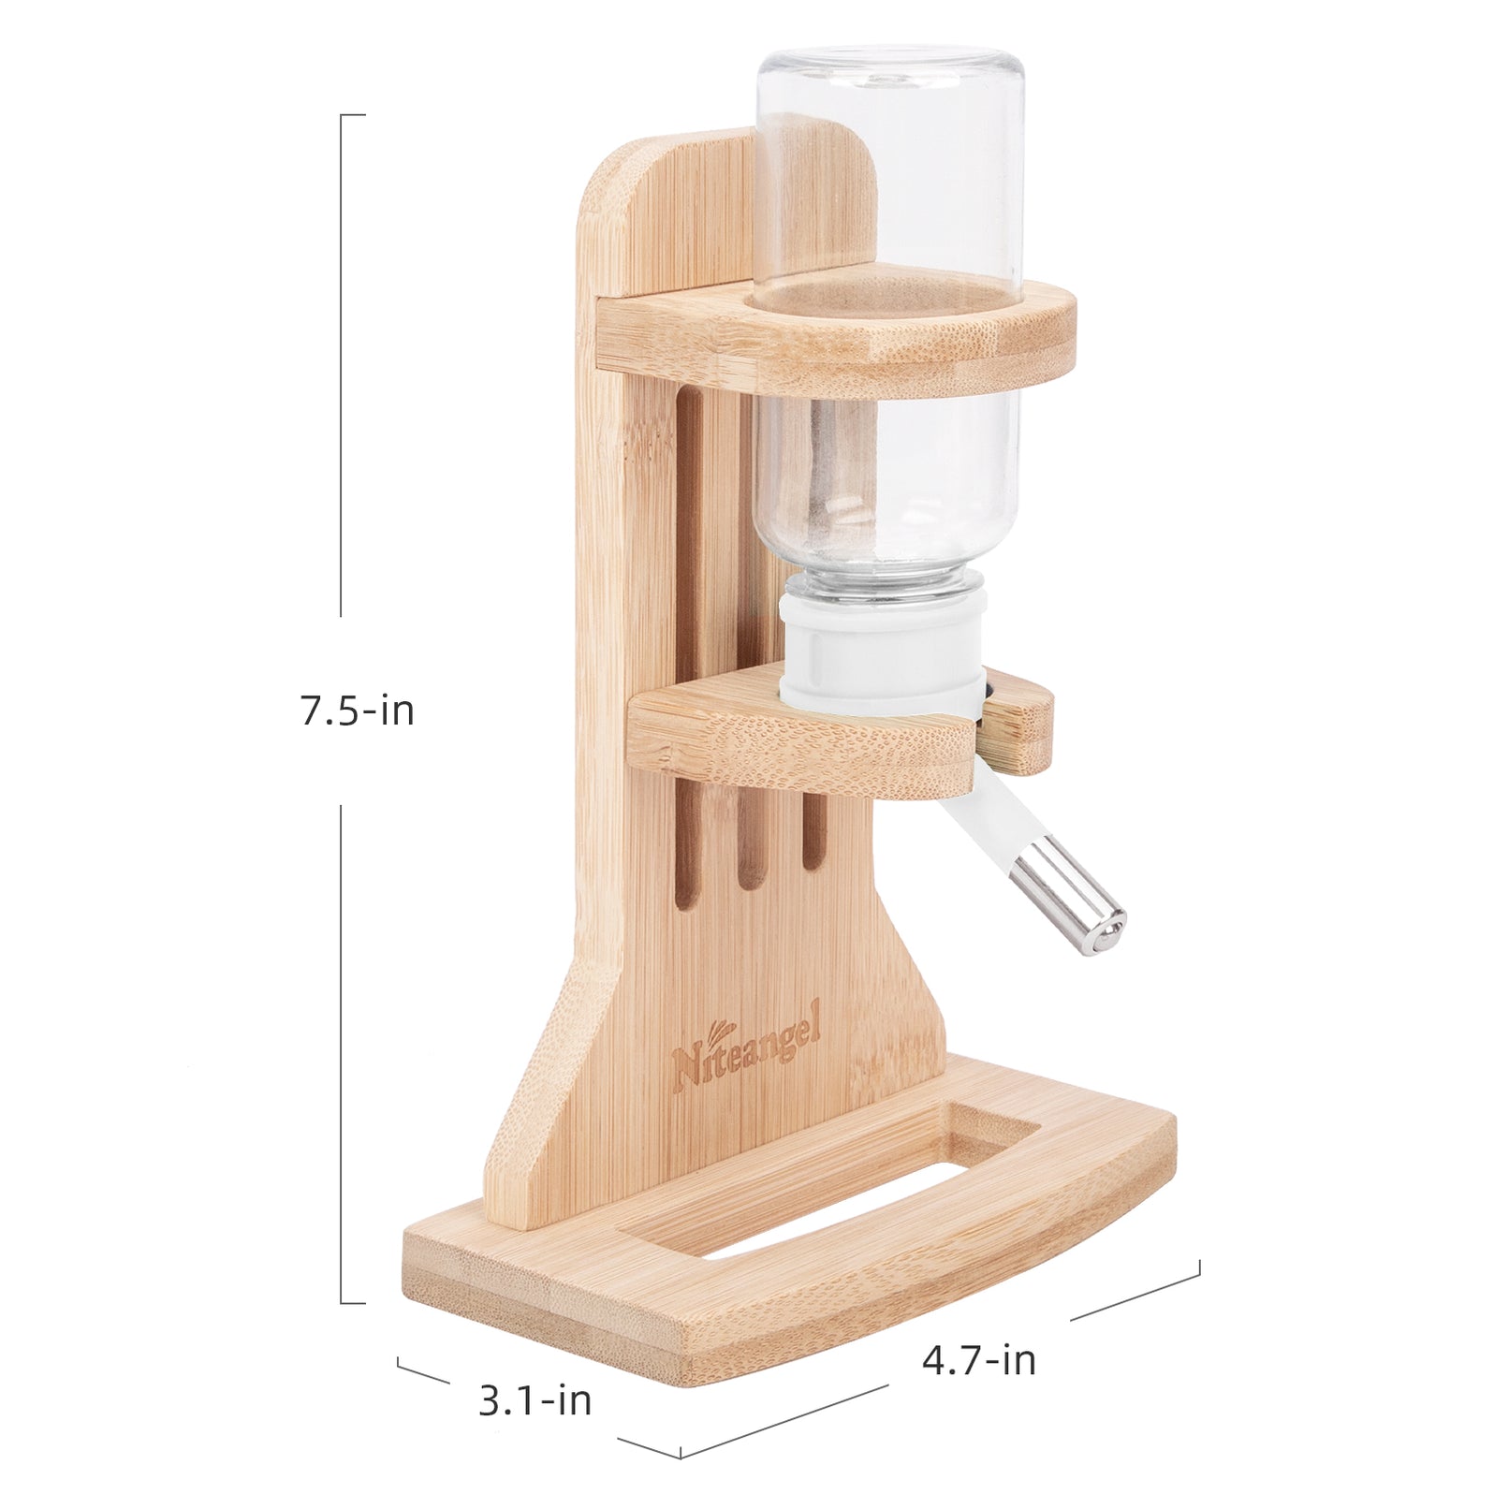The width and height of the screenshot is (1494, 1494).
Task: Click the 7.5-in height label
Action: (x=357, y=711)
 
